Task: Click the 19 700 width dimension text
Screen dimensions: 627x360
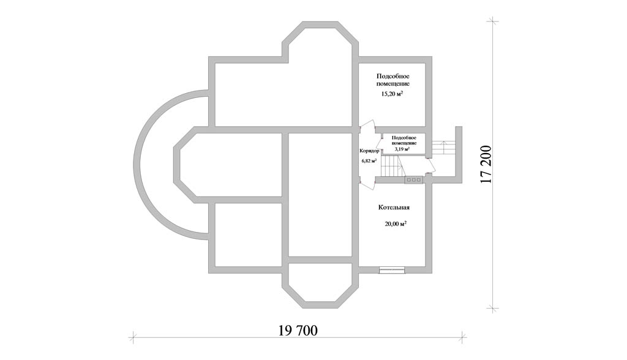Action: pos(298,331)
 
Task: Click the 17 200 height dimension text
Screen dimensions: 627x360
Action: pos(486,164)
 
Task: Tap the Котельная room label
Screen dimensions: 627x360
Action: pos(394,208)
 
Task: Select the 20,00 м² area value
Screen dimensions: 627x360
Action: pos(396,224)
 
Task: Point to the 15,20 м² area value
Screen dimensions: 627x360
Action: pos(391,94)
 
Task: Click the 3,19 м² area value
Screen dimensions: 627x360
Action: pos(402,149)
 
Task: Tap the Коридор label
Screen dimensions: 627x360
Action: pos(369,151)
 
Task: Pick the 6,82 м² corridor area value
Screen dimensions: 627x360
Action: pos(369,161)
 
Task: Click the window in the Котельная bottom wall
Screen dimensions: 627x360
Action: pos(392,271)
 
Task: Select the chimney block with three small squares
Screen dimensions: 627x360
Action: pos(413,180)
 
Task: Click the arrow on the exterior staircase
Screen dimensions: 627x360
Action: pos(444,148)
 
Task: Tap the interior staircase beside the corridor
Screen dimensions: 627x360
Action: pos(391,167)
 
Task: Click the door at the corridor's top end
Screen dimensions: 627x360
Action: pos(368,127)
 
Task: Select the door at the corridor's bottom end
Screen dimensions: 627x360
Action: pos(367,182)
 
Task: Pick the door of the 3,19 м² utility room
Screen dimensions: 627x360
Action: pos(380,143)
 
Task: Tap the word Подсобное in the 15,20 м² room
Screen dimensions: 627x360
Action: pos(394,77)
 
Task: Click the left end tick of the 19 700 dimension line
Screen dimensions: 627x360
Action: pos(133,337)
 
